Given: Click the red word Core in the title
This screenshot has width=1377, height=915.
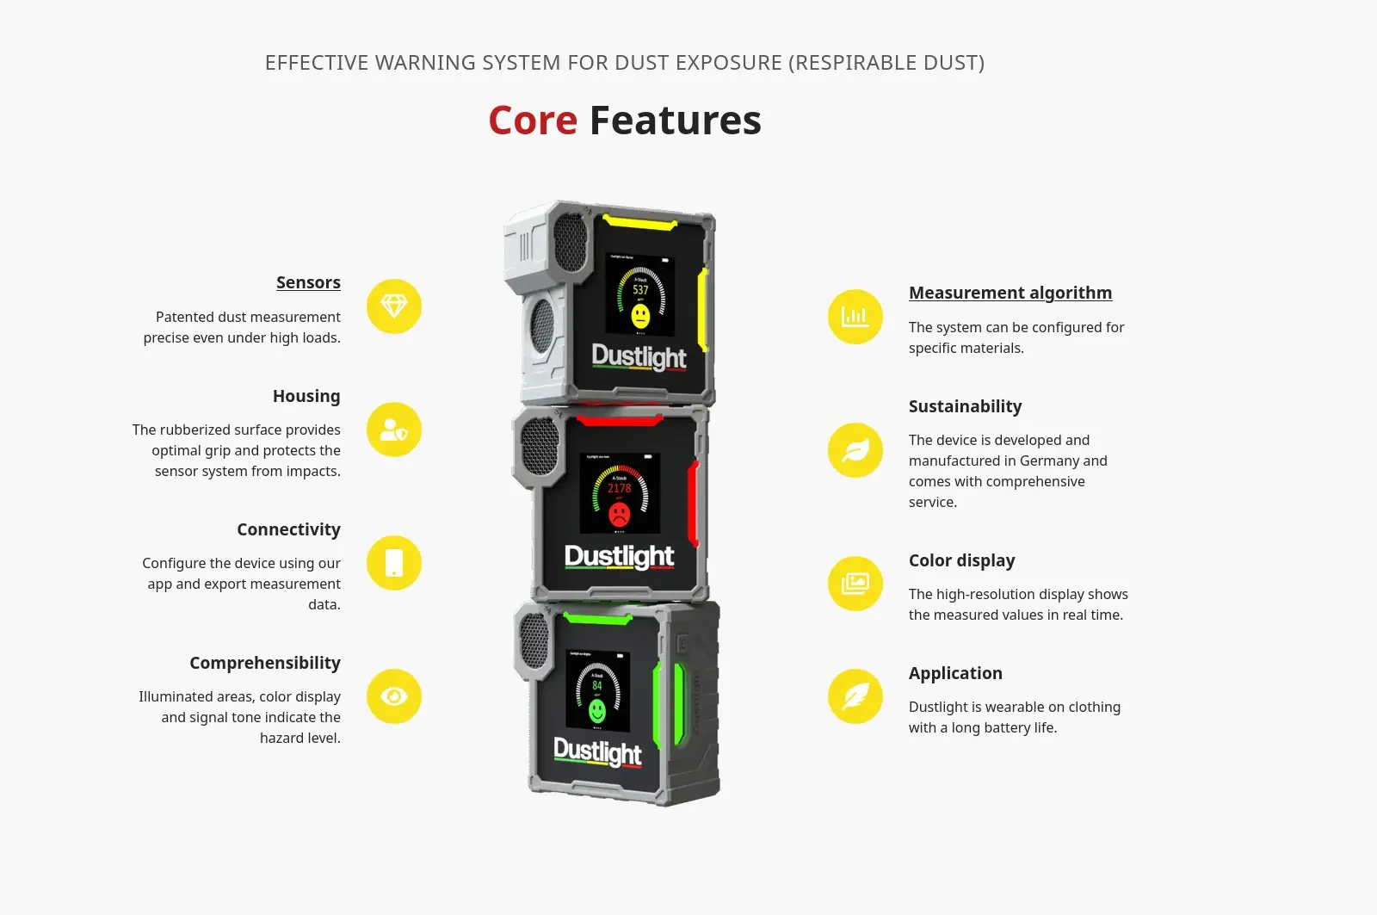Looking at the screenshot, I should (533, 121).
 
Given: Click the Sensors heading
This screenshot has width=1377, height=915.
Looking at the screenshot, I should (308, 282).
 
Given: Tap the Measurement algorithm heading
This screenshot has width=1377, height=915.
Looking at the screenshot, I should (1010, 293).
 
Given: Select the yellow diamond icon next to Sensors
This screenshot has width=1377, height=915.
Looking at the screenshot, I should (394, 306).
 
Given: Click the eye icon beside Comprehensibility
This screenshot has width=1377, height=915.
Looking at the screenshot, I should (394, 696).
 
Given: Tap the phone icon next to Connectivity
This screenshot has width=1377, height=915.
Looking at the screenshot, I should (394, 563).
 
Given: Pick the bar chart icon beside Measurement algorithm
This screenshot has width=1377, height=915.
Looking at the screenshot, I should (855, 317).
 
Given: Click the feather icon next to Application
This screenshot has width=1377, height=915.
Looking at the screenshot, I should (855, 696).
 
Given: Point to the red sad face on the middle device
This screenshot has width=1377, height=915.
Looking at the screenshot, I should (619, 515).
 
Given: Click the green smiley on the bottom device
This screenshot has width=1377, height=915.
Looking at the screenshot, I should (597, 711).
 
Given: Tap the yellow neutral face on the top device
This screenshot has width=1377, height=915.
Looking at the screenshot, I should (640, 316).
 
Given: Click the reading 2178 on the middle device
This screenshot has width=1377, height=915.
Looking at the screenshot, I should (620, 488).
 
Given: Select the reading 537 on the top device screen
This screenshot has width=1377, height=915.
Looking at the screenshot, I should (640, 290).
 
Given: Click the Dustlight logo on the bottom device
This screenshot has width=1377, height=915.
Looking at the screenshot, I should (597, 751).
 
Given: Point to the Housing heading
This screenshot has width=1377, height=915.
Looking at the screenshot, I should (306, 396).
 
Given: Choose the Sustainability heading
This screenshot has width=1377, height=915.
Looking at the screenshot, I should (965, 406).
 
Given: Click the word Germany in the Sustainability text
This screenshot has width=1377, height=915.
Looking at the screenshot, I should (1050, 461).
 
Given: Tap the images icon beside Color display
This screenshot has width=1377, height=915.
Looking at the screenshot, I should (855, 584).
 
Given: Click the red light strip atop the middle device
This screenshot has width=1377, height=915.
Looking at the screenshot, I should (620, 421).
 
